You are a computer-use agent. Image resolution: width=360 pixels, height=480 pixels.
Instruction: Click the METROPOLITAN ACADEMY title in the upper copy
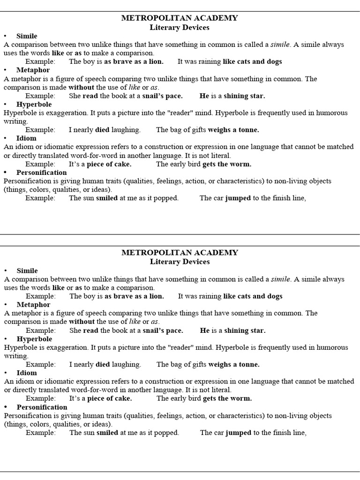tap(180, 18)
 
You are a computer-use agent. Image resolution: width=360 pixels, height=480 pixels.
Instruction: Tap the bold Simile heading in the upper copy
tap(27, 36)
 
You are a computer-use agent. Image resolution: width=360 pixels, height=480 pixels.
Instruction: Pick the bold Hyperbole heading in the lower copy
tap(34, 339)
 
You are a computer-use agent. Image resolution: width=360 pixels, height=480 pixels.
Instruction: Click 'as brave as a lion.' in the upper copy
tap(134, 61)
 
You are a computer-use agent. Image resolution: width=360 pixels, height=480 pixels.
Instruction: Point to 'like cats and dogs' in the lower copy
tap(253, 296)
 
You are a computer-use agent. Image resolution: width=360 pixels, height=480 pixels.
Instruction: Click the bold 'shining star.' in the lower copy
tap(245, 330)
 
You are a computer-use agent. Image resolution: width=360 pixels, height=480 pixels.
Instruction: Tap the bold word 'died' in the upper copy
tap(103, 130)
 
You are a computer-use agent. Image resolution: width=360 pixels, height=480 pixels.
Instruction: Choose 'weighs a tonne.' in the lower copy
tap(234, 365)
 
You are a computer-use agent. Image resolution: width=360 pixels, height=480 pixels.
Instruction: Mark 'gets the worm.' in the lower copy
tap(227, 398)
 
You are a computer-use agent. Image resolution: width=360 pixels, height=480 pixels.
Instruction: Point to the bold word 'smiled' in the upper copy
tap(107, 198)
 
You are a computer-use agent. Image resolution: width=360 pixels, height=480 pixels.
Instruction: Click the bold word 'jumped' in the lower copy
tap(239, 433)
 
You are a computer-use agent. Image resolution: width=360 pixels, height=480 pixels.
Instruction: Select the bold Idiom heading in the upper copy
tap(26, 138)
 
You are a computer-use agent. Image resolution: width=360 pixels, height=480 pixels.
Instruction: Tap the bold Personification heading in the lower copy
tap(42, 407)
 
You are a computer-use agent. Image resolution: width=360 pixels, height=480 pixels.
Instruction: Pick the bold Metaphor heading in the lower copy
tap(33, 305)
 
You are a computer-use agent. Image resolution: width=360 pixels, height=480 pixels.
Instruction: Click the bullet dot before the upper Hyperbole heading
tap(5, 105)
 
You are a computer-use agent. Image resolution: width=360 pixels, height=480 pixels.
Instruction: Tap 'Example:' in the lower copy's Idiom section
tap(40, 398)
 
